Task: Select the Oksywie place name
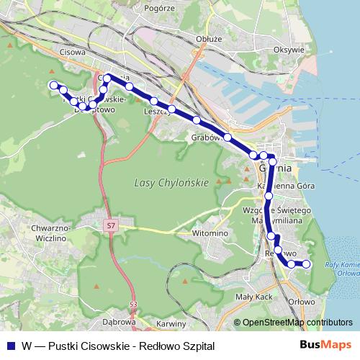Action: click(289, 50)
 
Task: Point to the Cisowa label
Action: click(73, 53)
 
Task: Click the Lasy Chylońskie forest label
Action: click(171, 183)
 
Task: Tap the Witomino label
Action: click(210, 234)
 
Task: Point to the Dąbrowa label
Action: click(120, 322)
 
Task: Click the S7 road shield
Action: click(110, 227)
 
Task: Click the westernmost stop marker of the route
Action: click(53, 85)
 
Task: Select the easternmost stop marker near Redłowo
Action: click(306, 264)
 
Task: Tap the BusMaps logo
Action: click(330, 346)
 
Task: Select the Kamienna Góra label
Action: click(276, 185)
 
